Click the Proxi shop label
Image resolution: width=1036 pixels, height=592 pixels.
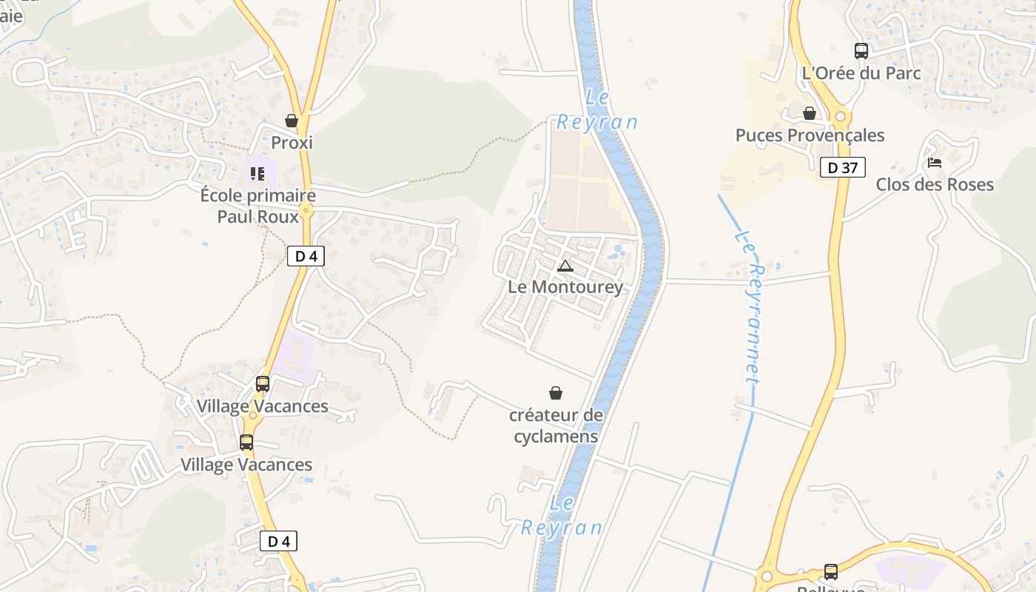[292, 142]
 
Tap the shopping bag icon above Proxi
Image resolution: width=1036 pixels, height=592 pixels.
[292, 120]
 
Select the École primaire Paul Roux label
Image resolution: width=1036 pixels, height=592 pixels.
[258, 206]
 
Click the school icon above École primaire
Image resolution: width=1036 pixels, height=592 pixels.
[257, 174]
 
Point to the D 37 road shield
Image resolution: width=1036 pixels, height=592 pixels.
[842, 167]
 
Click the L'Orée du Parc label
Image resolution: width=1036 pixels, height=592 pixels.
[861, 73]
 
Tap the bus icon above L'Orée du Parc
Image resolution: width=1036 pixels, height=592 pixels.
[861, 51]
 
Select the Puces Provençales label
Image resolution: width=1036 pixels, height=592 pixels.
[810, 135]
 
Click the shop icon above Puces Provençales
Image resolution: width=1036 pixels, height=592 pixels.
[810, 113]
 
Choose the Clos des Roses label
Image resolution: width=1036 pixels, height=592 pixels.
[935, 184]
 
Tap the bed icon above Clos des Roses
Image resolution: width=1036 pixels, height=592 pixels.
[935, 162]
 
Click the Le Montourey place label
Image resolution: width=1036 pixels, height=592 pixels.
[565, 286]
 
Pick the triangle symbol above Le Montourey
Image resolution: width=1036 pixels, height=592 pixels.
[565, 266]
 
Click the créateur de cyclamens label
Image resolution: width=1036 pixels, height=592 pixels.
[556, 425]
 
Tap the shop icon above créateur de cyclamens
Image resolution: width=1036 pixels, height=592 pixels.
[556, 393]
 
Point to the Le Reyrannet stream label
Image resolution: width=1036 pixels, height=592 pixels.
[749, 307]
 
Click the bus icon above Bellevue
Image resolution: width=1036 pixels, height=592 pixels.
[831, 571]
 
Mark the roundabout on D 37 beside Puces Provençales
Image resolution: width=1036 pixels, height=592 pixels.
[840, 116]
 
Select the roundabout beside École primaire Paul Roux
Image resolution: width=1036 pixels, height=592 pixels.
[306, 211]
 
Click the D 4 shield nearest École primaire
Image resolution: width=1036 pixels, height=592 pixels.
[306, 256]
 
